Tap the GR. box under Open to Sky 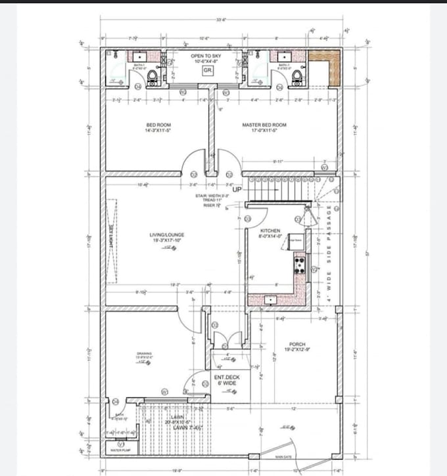point(207,70)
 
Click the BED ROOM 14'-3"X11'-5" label point(158,127)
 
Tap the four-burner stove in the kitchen point(299,265)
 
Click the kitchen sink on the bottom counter point(270,300)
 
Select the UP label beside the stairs point(237,190)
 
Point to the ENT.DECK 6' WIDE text point(227,379)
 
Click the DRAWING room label point(145,355)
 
